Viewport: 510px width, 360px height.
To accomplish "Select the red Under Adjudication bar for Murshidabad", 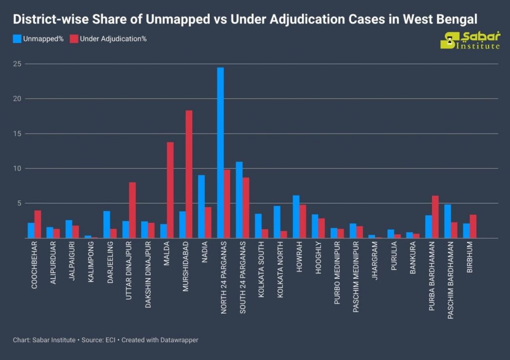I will [x=189, y=174].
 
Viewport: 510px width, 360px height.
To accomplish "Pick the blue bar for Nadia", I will [x=201, y=207].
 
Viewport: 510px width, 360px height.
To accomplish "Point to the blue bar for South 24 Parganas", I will [x=239, y=200].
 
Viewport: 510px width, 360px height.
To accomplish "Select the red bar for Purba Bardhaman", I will [x=435, y=217].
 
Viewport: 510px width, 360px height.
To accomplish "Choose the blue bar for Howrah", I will [x=296, y=217].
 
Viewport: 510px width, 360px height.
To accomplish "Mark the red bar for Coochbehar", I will [x=37, y=224].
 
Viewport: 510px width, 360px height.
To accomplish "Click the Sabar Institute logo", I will [x=470, y=40].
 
